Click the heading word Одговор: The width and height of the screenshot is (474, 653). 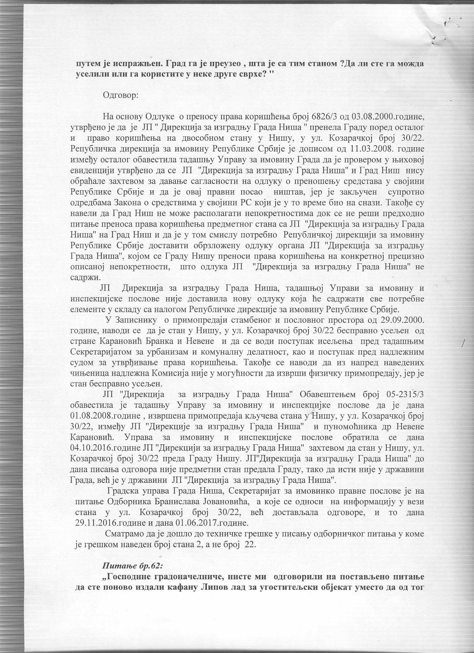click(x=120, y=95)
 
